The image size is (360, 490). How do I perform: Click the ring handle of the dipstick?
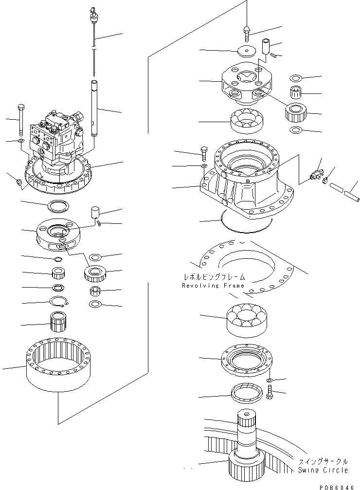[x=92, y=14]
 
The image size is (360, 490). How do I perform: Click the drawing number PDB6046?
[x=341, y=485]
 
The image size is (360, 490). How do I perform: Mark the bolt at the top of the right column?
[x=247, y=34]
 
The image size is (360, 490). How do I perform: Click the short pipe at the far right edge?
[x=346, y=194]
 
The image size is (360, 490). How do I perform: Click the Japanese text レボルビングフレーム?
[x=213, y=277]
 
